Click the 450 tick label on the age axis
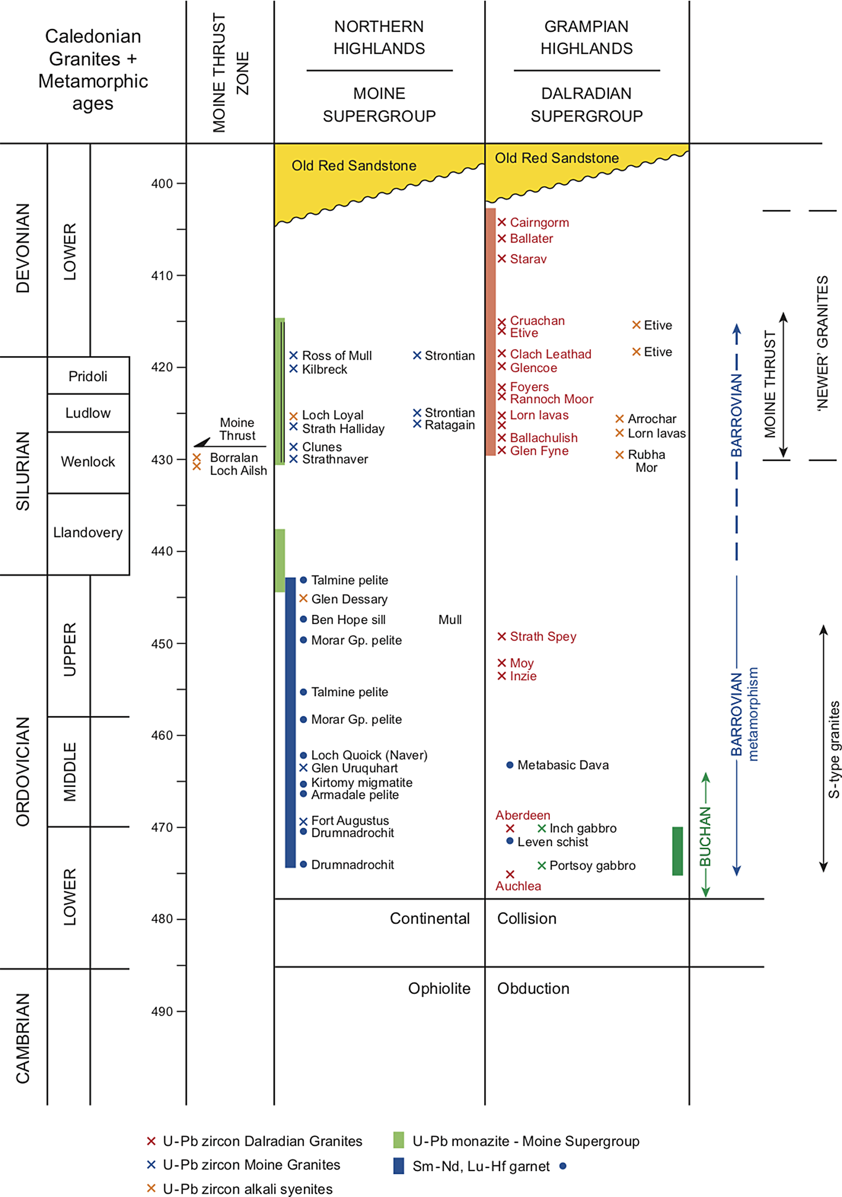pyautogui.click(x=162, y=644)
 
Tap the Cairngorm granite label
pyautogui.click(x=539, y=222)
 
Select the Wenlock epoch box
pyautogui.click(x=88, y=462)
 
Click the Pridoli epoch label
pyautogui.click(x=88, y=376)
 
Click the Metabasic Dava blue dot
pyautogui.click(x=509, y=765)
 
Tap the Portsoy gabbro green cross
pyautogui.click(x=542, y=865)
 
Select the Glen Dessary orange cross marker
pyautogui.click(x=303, y=598)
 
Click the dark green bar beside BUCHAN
pyautogui.click(x=677, y=851)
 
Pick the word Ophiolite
pyautogui.click(x=439, y=988)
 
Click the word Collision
pyautogui.click(x=527, y=918)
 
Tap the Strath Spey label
pyautogui.click(x=543, y=636)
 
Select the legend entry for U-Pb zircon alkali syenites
pyautogui.click(x=247, y=1189)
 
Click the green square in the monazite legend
pyautogui.click(x=398, y=1140)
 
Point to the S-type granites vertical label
pyautogui.click(x=834, y=749)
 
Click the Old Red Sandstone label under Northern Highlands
pyautogui.click(x=354, y=166)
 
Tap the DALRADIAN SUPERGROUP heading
pyautogui.click(x=586, y=105)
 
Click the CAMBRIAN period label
pyautogui.click(x=23, y=1038)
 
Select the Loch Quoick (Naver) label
pyautogui.click(x=369, y=755)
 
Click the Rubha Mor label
pyautogui.click(x=646, y=461)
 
